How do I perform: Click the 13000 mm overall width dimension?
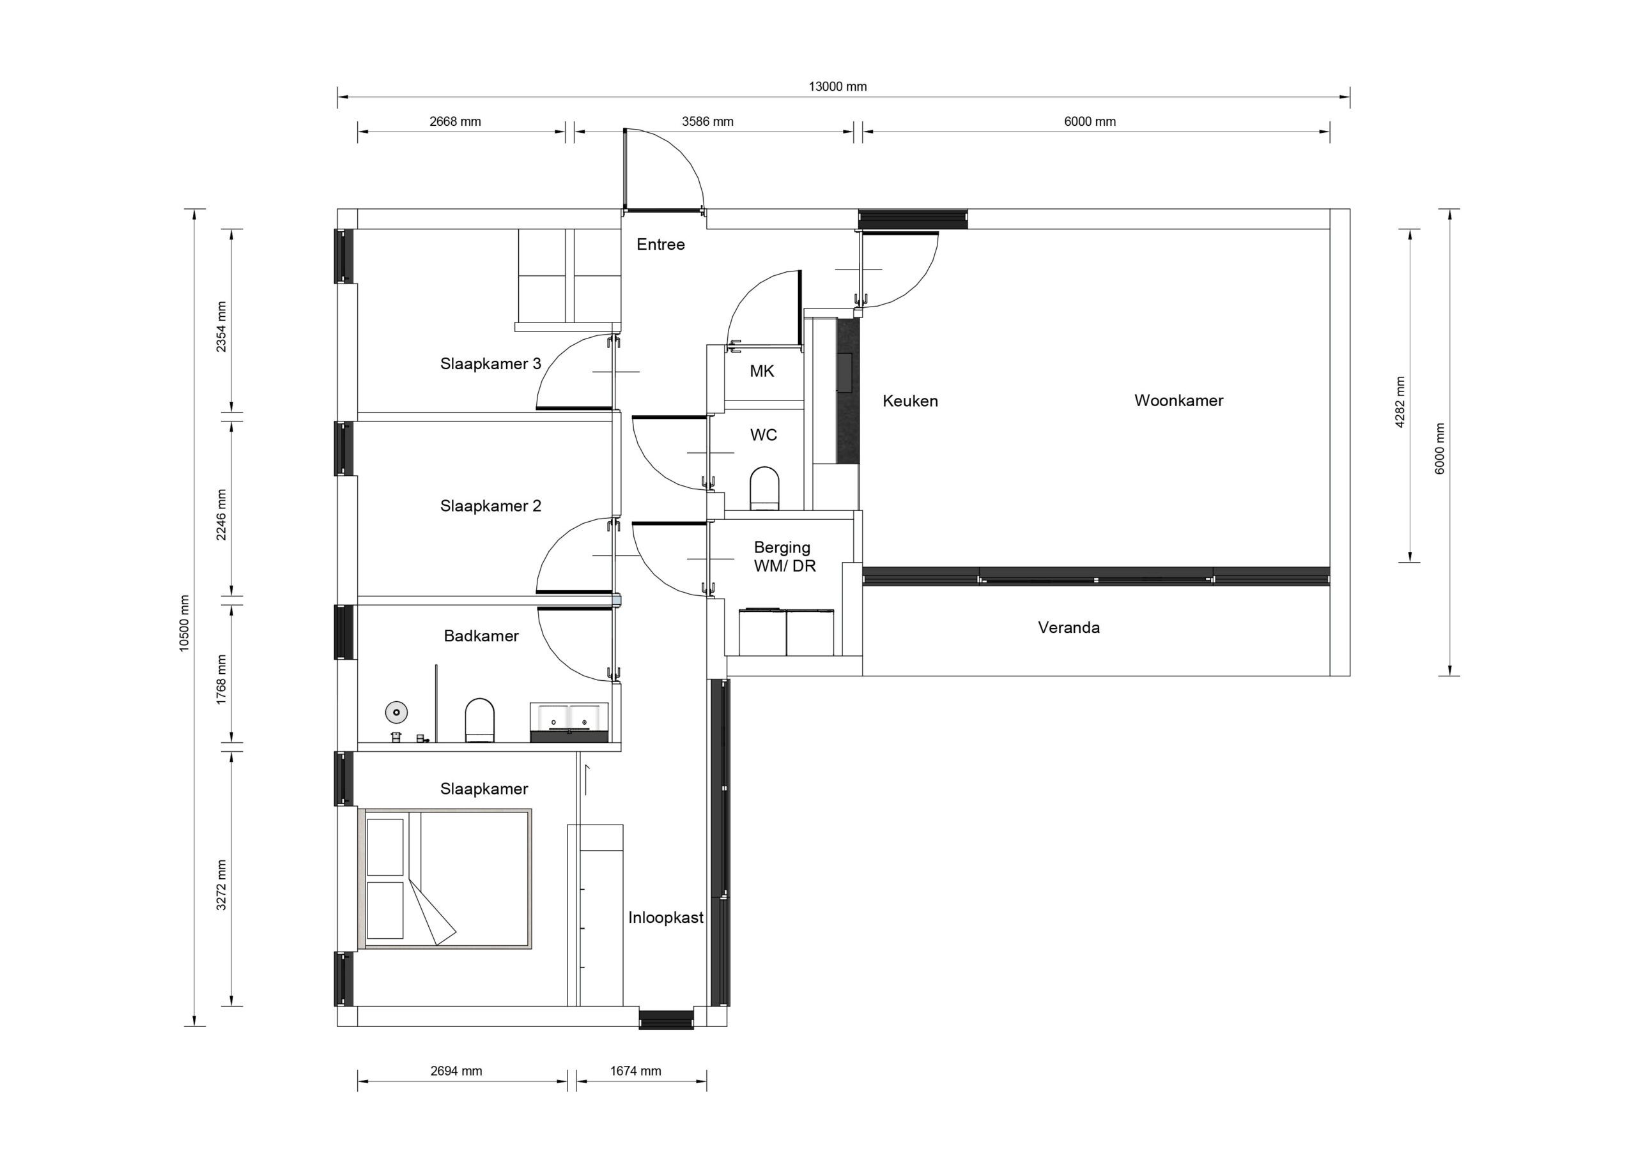pos(837,87)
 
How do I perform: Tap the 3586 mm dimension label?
pos(707,122)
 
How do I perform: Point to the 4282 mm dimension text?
pos(1400,402)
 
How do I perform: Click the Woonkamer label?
pos(1178,400)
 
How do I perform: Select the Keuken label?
pos(909,401)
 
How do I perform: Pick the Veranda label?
pos(1068,628)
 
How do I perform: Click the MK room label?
pos(761,371)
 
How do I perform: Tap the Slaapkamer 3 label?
pos(490,364)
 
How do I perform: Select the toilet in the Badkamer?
pos(479,719)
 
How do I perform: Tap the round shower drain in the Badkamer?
pos(396,711)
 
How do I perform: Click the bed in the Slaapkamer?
pos(447,878)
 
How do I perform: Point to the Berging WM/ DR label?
pos(783,556)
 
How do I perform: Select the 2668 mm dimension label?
pos(454,122)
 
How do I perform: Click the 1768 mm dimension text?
pos(222,680)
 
